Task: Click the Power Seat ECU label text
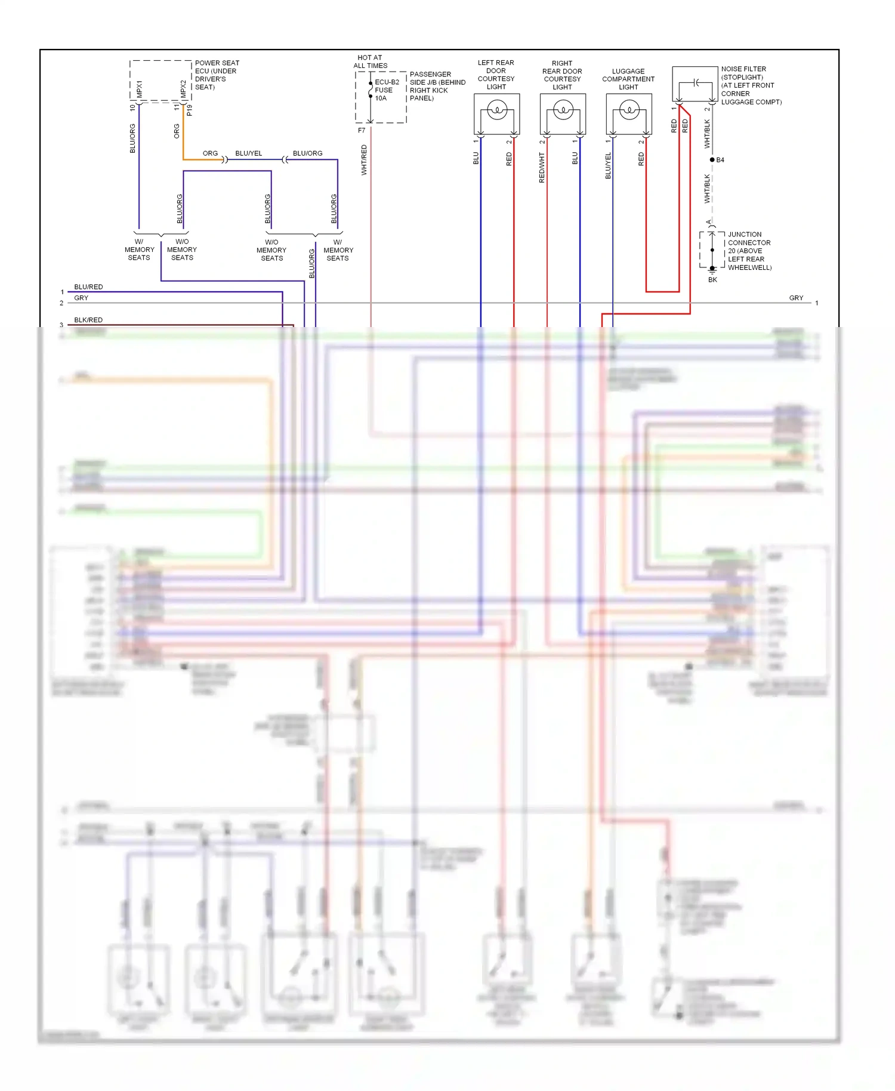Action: (x=216, y=75)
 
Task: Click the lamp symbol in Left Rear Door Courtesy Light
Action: (x=497, y=110)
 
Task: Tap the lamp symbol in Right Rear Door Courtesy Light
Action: (x=563, y=110)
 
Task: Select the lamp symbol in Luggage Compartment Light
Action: (x=629, y=110)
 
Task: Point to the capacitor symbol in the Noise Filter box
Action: (x=696, y=82)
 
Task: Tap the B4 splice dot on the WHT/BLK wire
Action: (x=712, y=160)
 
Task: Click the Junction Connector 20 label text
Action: (x=749, y=251)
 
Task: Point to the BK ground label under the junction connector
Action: (x=712, y=280)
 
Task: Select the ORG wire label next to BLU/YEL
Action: (x=210, y=153)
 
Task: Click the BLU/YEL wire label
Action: (x=249, y=153)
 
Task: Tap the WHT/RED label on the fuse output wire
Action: (x=364, y=160)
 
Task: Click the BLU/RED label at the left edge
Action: (x=88, y=287)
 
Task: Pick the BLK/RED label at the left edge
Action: (x=88, y=320)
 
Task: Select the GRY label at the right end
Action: (x=796, y=298)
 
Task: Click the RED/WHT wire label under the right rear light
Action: (x=542, y=168)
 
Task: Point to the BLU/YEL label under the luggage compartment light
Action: (x=608, y=166)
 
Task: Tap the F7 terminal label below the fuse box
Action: (x=362, y=130)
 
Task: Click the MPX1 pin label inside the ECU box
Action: (x=140, y=89)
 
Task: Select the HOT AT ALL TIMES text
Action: (x=370, y=61)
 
